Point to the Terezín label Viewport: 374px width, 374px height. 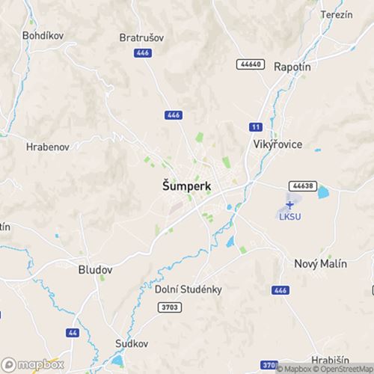click(x=336, y=15)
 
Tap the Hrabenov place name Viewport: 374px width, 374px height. click(x=48, y=147)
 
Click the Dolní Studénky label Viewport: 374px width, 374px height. click(x=188, y=289)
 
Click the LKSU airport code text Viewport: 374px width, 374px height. click(x=289, y=218)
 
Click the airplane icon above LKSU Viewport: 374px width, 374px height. click(x=290, y=204)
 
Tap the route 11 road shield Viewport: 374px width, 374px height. click(x=256, y=126)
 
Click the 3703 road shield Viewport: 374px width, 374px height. click(x=171, y=307)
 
